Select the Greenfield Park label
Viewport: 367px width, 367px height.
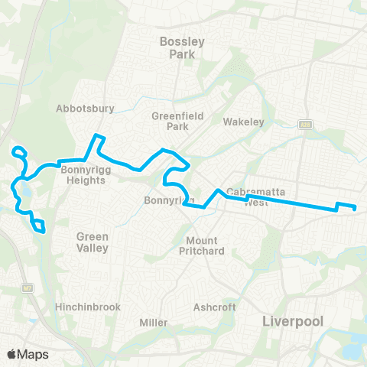169,121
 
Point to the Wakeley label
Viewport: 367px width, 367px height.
243,122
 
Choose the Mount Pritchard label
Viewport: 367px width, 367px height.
199,245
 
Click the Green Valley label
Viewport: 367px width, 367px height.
92,242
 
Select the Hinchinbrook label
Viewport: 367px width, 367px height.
88,307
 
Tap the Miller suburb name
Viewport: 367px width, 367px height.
154,323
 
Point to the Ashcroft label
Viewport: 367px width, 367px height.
214,307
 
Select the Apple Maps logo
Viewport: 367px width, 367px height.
28,353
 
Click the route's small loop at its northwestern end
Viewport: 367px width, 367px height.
20,152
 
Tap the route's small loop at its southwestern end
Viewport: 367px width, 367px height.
38,226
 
